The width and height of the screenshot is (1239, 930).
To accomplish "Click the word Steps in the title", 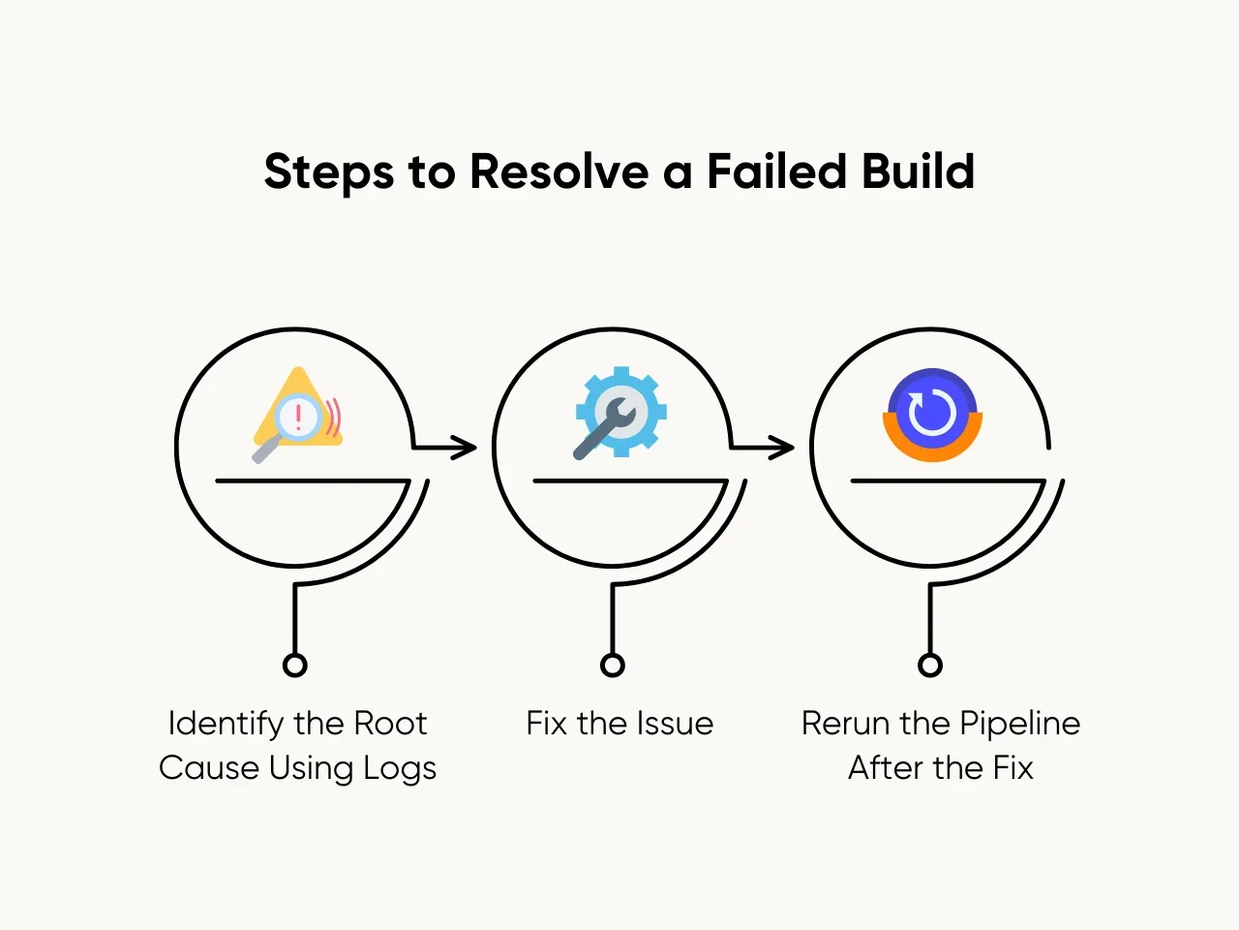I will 328,172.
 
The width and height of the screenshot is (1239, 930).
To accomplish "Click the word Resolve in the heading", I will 559,171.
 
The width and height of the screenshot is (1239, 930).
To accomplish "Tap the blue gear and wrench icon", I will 619,412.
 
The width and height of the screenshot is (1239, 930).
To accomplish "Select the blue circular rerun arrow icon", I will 932,414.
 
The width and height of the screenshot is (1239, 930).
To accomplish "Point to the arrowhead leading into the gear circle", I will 468,447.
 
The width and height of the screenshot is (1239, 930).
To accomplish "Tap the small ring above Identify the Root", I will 295,665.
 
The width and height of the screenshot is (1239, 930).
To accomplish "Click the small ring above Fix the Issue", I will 612,665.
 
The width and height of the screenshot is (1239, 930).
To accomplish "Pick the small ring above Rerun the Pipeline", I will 929,665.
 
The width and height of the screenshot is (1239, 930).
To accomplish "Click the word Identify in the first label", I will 226,725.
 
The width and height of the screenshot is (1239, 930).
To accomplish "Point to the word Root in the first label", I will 390,724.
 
